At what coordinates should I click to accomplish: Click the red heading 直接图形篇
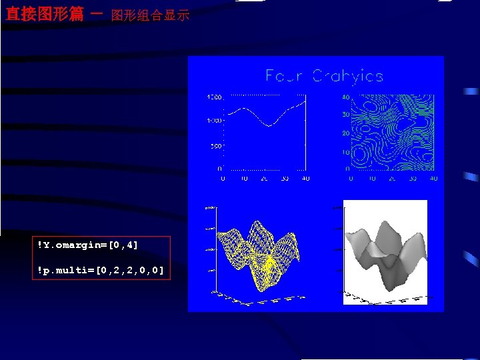44,13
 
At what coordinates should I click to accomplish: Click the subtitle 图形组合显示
151,15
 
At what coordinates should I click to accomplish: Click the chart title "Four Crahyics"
325,76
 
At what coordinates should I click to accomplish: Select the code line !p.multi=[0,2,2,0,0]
101,269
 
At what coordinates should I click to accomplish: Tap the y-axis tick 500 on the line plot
215,145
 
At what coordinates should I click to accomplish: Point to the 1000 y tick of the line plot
214,121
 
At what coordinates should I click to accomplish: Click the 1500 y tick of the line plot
214,97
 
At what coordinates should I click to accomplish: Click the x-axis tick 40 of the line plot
306,179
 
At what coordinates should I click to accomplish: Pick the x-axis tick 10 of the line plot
244,179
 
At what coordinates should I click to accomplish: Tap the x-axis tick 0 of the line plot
223,179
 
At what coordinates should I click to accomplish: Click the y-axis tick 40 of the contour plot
345,97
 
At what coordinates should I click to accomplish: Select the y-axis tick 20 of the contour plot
345,133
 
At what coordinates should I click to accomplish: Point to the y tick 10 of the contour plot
345,153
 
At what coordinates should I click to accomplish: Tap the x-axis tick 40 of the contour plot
433,179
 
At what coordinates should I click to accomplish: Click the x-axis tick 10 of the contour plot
372,179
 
